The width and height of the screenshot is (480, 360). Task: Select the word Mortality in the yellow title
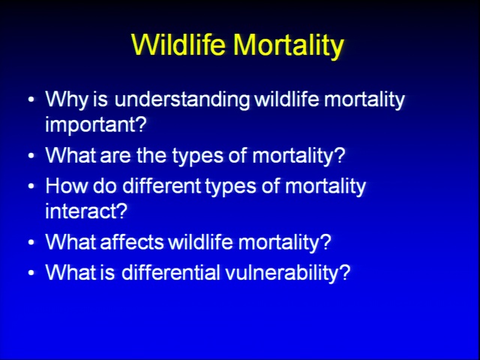click(x=288, y=46)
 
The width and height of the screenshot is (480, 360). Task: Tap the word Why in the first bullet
click(x=67, y=100)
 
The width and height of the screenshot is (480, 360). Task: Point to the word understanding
click(x=181, y=100)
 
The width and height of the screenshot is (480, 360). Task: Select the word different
click(x=161, y=185)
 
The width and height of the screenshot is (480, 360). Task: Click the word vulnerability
click(x=282, y=273)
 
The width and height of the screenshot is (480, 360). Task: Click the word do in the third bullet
click(x=105, y=185)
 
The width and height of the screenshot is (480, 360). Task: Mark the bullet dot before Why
click(x=31, y=100)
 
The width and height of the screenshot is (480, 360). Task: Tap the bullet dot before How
click(x=31, y=186)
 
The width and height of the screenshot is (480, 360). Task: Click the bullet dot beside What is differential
click(x=31, y=272)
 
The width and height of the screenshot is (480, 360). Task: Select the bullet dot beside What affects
click(x=31, y=241)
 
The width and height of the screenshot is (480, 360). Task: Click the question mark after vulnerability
click(x=345, y=271)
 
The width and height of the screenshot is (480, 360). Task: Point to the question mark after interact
click(x=121, y=210)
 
